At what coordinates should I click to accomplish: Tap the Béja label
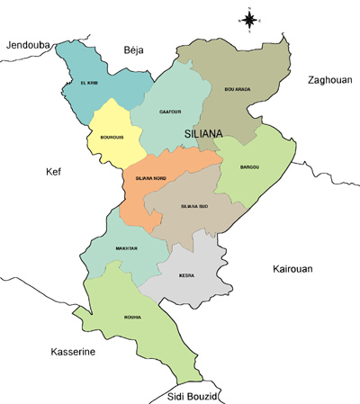[133, 50]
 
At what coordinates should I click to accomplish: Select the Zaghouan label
[328, 80]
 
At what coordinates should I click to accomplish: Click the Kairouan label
[294, 269]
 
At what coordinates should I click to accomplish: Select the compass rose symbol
[250, 18]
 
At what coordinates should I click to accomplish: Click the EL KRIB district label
[88, 84]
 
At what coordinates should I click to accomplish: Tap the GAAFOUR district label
[170, 112]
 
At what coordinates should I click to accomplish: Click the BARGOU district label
[250, 167]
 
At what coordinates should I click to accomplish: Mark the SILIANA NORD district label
[150, 179]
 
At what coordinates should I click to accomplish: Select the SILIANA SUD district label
[194, 207]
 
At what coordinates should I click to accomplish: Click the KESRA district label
[187, 275]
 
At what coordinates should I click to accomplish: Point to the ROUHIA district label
[133, 317]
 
